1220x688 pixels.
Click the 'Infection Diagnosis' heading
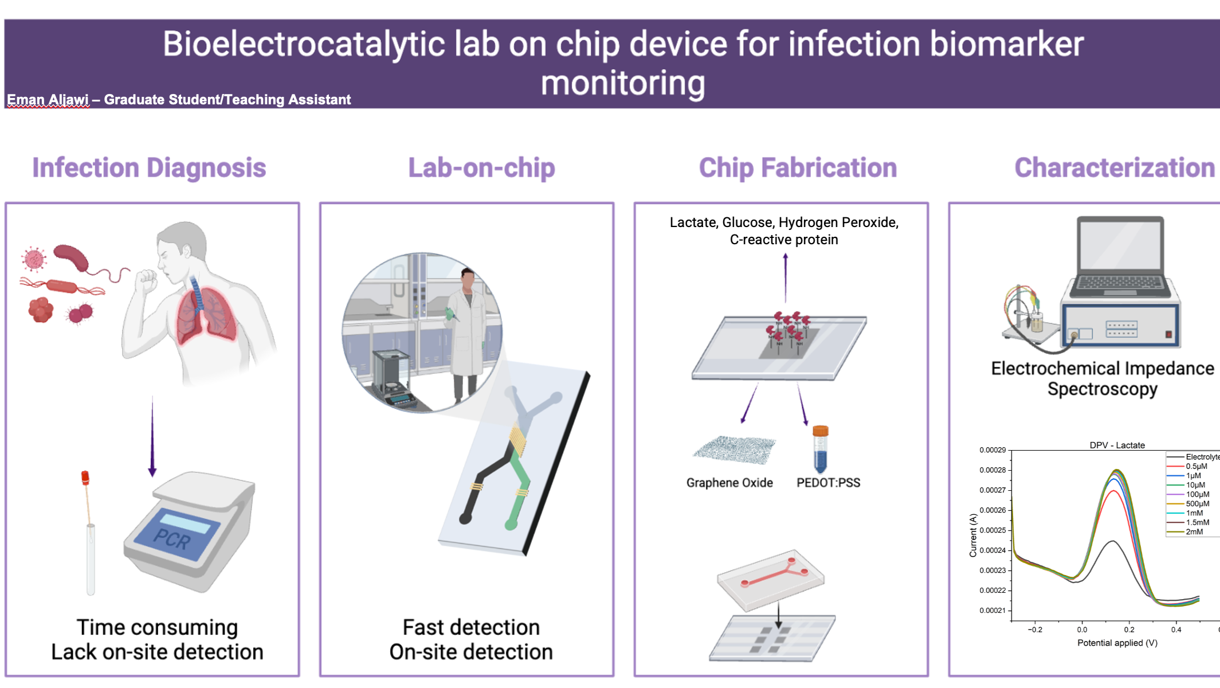[x=149, y=168]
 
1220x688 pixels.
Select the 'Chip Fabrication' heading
[x=798, y=168]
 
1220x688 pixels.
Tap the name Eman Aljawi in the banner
[x=48, y=100]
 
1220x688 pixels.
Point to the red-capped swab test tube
[x=89, y=533]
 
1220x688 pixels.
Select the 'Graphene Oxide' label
[x=729, y=483]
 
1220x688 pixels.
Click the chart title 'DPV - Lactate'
[x=1117, y=445]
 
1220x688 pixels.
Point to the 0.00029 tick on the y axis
[x=993, y=450]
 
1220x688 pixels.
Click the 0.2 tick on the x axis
[x=1129, y=630]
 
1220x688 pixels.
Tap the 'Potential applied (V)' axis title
[x=1117, y=643]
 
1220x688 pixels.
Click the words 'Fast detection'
[x=471, y=627]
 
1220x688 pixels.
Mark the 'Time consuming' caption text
[x=157, y=627]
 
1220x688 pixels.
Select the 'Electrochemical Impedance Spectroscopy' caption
[x=1103, y=378]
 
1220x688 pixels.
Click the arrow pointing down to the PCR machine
[x=152, y=436]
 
